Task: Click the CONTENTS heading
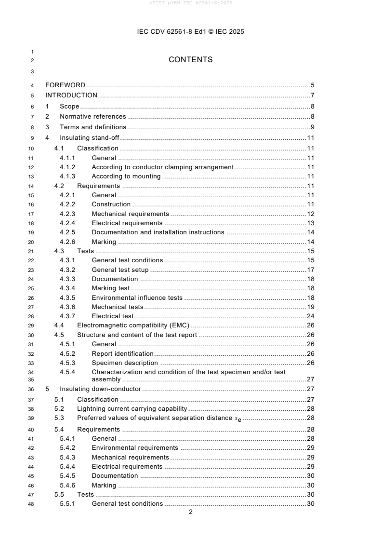click(191, 60)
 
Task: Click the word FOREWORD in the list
click(66, 85)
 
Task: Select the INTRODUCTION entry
click(71, 95)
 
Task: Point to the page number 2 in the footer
click(191, 512)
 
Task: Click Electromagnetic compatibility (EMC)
click(133, 325)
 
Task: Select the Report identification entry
click(123, 353)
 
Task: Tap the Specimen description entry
click(125, 363)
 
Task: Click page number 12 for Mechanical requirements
click(311, 214)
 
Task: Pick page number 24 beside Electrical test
click(311, 316)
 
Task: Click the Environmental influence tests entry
click(137, 298)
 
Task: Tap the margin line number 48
click(32, 504)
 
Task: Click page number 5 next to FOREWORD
click(313, 85)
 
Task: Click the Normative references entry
click(93, 116)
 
